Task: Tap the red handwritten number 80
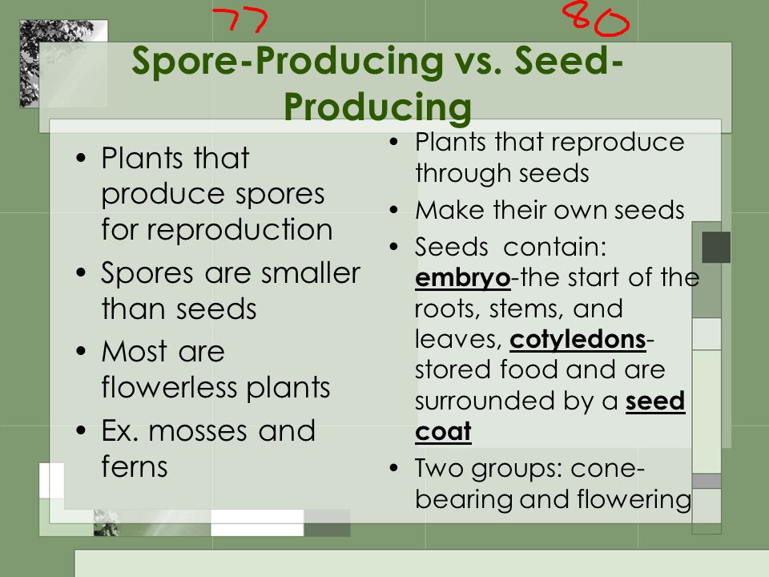(596, 18)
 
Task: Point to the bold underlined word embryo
(462, 279)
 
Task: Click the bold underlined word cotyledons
(578, 340)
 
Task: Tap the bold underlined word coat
(443, 432)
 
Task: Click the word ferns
(135, 466)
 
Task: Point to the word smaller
(311, 272)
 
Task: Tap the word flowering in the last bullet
(634, 499)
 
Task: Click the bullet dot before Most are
(82, 351)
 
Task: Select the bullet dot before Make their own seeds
(394, 210)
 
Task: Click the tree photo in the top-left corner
(63, 63)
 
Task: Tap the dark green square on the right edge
(716, 248)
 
